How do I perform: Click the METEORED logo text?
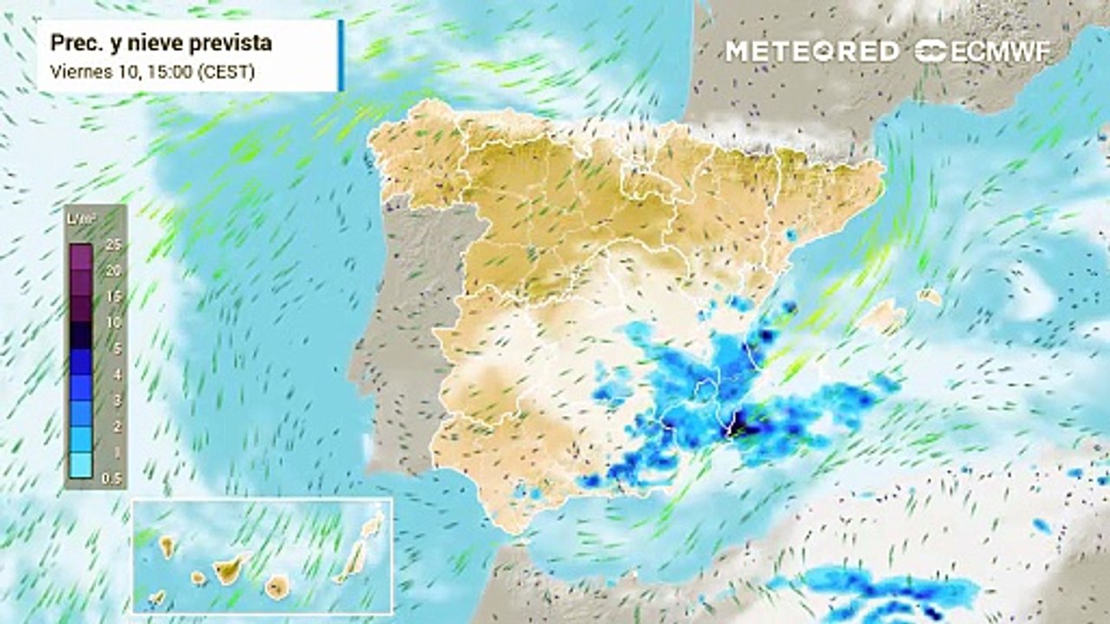click(812, 51)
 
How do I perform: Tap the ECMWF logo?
click(983, 51)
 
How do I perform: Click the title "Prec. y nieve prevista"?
click(161, 43)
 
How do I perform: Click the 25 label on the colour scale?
click(112, 245)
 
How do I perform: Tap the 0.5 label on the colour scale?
click(112, 478)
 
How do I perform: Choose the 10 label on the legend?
click(112, 322)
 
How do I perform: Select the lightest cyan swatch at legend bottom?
click(82, 465)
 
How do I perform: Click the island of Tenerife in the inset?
click(231, 568)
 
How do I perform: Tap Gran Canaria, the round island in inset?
click(277, 587)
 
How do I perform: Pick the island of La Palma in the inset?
click(166, 546)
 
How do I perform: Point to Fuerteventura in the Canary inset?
click(350, 563)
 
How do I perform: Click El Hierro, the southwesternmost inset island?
click(157, 597)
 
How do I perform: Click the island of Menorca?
click(930, 297)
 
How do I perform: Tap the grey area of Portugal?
click(408, 347)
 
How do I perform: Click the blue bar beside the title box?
click(341, 55)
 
